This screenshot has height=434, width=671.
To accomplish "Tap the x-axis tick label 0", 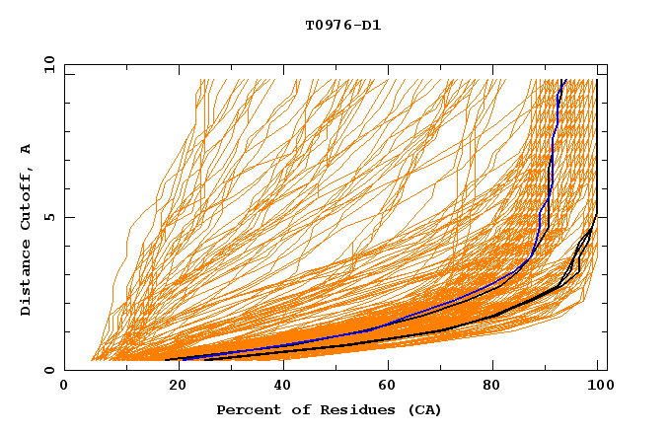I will click(x=64, y=387).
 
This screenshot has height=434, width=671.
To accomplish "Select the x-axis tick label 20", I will click(x=172, y=387).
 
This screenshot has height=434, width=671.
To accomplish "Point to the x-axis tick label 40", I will click(x=278, y=387).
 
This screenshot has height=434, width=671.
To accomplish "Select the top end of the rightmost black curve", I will click(x=596, y=80).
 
